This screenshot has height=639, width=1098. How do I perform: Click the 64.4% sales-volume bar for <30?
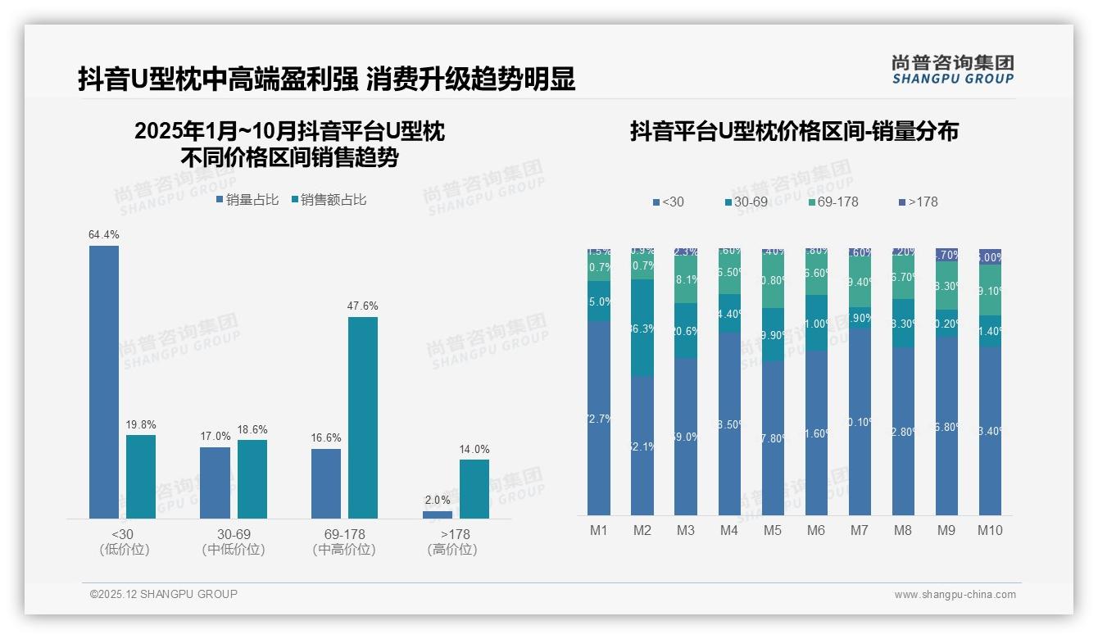coord(104,382)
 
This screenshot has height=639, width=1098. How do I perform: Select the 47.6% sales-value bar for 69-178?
coord(363,418)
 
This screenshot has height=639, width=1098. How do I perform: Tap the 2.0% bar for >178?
coord(438,514)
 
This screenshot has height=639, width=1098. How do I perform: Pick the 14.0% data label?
coord(474,449)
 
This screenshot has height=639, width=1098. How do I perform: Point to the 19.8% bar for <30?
coord(141,477)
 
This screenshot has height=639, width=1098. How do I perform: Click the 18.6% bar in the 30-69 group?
coord(252,479)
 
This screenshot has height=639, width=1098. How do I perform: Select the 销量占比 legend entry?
coord(247,200)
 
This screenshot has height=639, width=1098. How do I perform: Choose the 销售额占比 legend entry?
coord(329,200)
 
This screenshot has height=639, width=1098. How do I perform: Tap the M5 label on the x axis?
coord(773,530)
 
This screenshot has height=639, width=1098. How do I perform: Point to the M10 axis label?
coord(990,530)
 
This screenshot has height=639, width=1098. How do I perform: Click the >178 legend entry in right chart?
coord(919,202)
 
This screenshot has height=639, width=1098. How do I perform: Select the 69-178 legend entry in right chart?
coord(833,202)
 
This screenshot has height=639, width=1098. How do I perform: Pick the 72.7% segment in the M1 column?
coord(599,418)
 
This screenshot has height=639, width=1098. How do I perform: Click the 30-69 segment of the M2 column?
coord(642,328)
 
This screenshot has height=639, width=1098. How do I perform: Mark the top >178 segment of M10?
coord(990,256)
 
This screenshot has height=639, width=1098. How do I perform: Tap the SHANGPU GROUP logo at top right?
coord(953,69)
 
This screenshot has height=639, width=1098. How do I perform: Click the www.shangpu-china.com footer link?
coord(955,595)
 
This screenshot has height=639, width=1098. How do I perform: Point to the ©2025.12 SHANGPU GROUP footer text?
coord(164,594)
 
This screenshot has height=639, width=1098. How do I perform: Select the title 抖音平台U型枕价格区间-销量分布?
coord(794,131)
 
